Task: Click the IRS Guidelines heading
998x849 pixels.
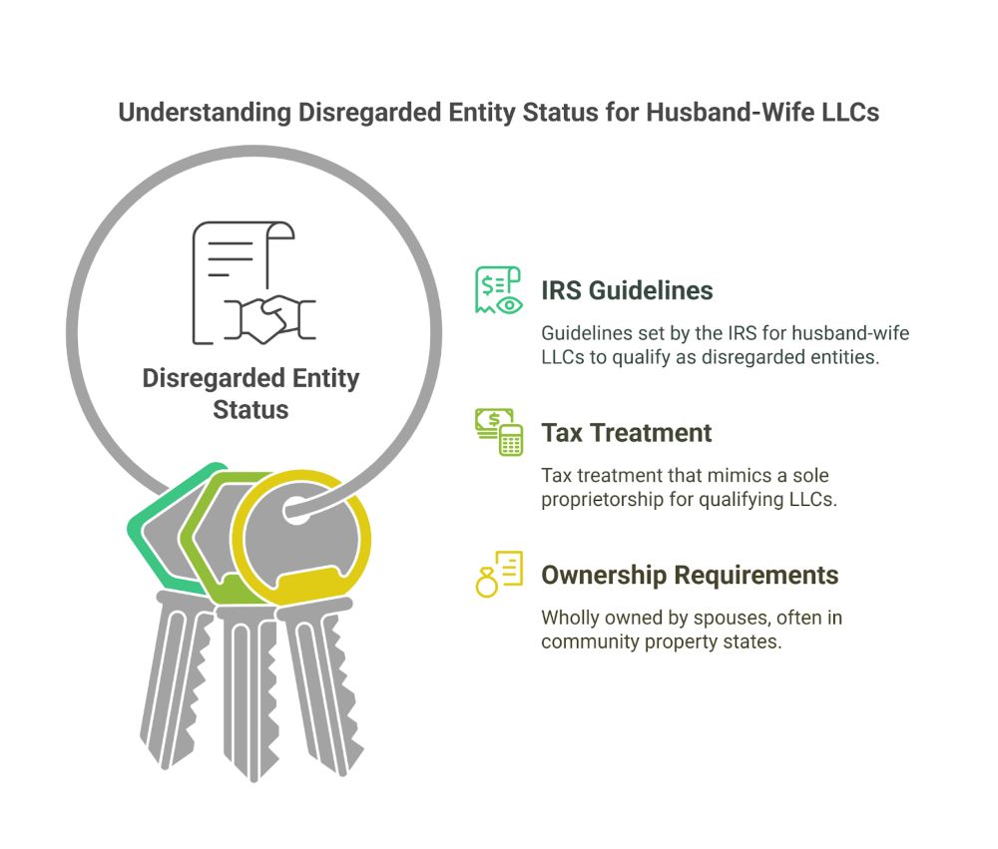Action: [627, 290]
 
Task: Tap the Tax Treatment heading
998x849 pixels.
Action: [627, 433]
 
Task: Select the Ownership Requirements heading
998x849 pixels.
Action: [690, 575]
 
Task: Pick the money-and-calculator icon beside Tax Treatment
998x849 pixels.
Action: [499, 432]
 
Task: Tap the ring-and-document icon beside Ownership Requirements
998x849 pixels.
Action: [499, 575]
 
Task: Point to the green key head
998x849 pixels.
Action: [165, 529]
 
